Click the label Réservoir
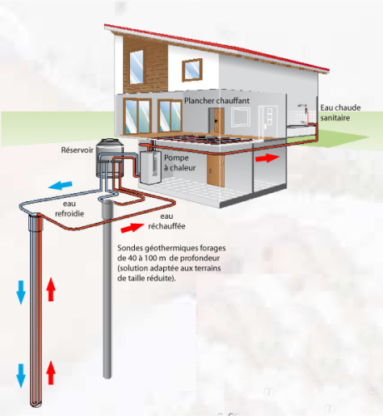77,150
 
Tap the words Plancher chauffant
217,101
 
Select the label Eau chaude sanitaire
340,112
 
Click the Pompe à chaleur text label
179,162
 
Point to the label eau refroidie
69,208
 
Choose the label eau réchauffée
166,221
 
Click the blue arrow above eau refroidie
61,185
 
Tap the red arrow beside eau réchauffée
132,228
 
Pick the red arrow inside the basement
267,158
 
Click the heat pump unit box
150,168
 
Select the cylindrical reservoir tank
110,158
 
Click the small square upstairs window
192,69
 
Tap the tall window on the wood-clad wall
137,67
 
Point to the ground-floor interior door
217,120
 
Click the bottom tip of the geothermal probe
36,405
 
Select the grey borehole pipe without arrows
107,289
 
